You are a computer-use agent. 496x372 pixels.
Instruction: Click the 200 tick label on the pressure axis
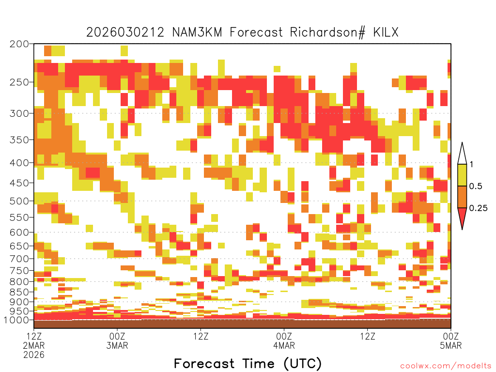[x=19, y=44]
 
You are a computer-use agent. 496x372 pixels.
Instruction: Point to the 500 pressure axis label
[x=19, y=201]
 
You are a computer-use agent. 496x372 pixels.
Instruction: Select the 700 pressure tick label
[x=19, y=259]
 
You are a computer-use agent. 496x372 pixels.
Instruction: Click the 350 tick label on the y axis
[x=19, y=140]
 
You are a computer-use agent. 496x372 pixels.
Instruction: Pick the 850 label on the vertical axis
[x=19, y=292]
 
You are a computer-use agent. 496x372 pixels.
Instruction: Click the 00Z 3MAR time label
[x=117, y=341]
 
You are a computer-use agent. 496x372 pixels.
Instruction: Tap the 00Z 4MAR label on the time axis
[x=284, y=341]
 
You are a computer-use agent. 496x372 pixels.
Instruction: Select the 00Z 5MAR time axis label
[x=451, y=341]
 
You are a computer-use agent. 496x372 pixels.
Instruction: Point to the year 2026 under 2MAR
[x=34, y=355]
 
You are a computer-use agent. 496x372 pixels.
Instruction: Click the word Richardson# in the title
[x=328, y=32]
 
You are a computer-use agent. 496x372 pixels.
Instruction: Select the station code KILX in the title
[x=386, y=32]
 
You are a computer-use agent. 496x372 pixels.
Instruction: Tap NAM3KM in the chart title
[x=197, y=32]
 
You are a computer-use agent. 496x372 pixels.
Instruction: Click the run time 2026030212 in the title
[x=125, y=32]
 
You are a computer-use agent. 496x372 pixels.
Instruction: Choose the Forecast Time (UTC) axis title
[x=248, y=363]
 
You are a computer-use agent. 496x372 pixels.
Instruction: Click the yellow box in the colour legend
[x=462, y=175]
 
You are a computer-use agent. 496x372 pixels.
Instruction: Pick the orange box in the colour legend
[x=462, y=197]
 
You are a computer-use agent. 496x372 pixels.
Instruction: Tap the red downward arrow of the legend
[x=462, y=217]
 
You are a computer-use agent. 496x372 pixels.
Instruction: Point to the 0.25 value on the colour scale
[x=478, y=208]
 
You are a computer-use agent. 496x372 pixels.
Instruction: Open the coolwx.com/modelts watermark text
[x=446, y=366]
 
